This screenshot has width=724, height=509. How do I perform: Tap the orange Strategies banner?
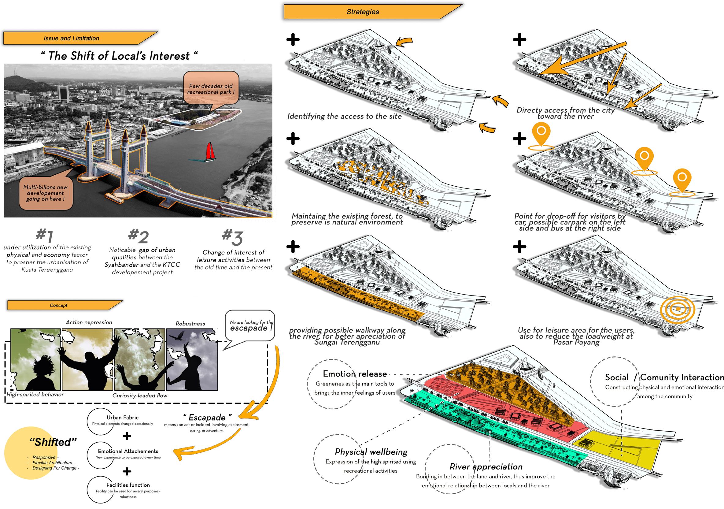(363, 12)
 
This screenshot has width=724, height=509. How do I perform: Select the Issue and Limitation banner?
(72, 39)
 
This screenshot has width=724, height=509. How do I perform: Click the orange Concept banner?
(59, 305)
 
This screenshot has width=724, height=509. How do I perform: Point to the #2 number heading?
(139, 236)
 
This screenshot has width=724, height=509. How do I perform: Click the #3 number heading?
(232, 237)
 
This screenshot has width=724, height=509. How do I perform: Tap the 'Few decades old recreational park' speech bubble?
(211, 89)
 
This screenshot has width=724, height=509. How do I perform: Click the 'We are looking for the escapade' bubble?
(251, 326)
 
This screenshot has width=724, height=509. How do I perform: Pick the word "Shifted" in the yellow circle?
(53, 442)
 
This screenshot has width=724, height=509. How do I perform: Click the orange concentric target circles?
(677, 309)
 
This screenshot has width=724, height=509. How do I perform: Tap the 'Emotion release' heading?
(355, 374)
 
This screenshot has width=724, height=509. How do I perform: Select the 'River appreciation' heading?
(486, 466)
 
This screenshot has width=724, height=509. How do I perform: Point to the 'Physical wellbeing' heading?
(371, 452)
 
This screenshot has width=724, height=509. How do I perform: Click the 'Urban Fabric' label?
(122, 418)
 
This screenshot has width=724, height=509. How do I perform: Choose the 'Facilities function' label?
(128, 485)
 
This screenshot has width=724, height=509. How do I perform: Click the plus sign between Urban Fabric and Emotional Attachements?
(127, 436)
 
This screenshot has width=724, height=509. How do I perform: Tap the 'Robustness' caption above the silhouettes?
(190, 323)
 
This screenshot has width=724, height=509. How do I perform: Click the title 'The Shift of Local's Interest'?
(119, 56)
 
